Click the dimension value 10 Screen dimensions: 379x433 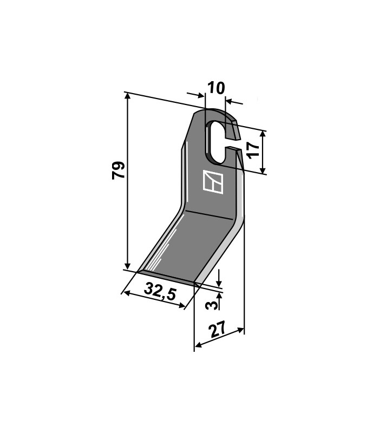point(216,88)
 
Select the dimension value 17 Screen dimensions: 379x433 point(254,150)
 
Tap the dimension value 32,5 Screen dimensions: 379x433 point(160,291)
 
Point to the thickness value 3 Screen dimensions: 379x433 point(211,305)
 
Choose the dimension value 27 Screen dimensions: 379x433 point(218,329)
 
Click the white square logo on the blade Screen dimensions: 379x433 point(213,182)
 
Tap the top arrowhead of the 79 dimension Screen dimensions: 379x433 point(127,96)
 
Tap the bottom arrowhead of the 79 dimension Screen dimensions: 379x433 point(127,266)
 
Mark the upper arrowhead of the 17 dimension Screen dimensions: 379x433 point(263,134)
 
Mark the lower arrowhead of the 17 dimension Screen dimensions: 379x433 point(263,169)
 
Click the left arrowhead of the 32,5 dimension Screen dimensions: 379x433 point(126,293)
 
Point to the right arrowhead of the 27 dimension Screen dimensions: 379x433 point(240,330)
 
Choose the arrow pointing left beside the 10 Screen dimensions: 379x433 point(234,102)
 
